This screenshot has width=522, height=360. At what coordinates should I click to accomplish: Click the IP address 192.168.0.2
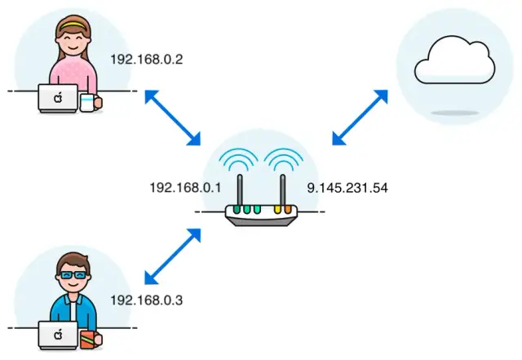coord(147,59)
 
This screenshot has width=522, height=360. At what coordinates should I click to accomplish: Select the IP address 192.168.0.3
coord(147,300)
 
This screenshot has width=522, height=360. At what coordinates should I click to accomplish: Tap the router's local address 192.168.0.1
coord(185,187)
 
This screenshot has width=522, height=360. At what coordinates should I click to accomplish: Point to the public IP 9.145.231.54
coord(347,187)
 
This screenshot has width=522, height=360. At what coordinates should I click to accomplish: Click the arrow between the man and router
coord(172,255)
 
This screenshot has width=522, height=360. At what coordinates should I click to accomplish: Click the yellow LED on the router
coord(277,209)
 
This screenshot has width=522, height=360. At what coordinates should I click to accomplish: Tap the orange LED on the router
coord(287,209)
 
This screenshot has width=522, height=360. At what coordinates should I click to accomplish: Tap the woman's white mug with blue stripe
coord(87,102)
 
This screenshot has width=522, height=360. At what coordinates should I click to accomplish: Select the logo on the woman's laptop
coord(58,98)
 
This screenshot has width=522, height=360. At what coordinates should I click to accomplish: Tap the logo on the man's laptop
coord(58,335)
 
